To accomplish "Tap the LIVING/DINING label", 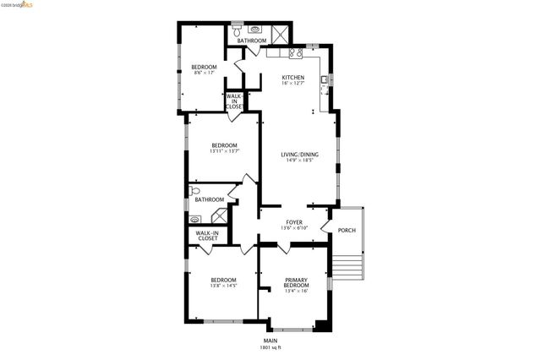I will (x=299, y=155).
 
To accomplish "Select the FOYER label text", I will (x=293, y=221).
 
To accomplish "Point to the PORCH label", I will (x=347, y=231).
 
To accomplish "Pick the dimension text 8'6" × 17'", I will (x=204, y=74).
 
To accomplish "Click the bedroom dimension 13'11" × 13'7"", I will (x=224, y=151).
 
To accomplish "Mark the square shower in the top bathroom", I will (x=281, y=32).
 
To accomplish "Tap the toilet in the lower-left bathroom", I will (x=194, y=190).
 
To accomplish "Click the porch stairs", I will (x=347, y=268).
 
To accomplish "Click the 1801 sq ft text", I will (x=270, y=347).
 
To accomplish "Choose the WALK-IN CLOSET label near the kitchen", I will (x=235, y=102).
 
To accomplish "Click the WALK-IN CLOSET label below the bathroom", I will (x=207, y=236).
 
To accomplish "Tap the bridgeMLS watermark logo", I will (x=18, y=4).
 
